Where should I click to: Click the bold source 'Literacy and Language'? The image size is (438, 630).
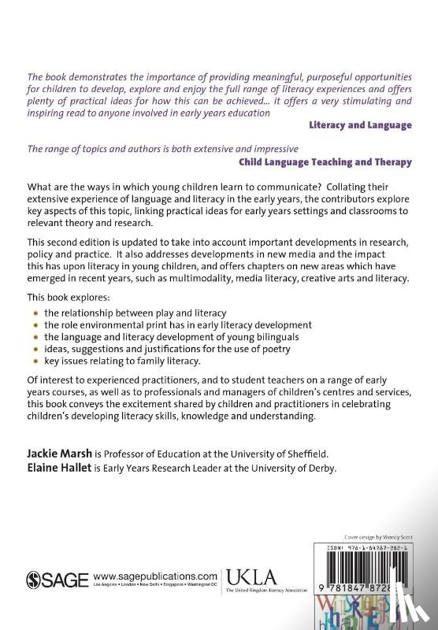(360, 124)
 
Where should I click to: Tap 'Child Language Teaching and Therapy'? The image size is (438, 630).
(325, 163)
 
